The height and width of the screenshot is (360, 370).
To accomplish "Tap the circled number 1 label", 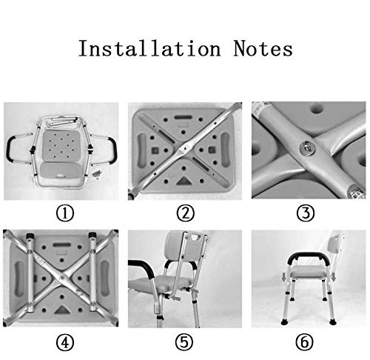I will pyautogui.click(x=66, y=215).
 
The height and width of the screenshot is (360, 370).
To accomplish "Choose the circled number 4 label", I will pyautogui.click(x=66, y=343).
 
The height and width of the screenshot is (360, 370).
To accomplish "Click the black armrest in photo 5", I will pyautogui.click(x=141, y=263).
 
